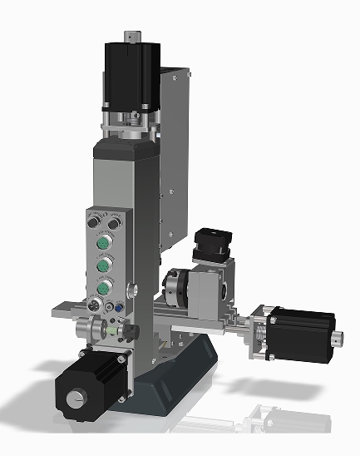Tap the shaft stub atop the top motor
tap(131, 36)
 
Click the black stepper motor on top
tap(131, 73)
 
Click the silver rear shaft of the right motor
tap(337, 339)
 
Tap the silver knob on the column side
tap(134, 292)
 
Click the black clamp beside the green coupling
tap(127, 331)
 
